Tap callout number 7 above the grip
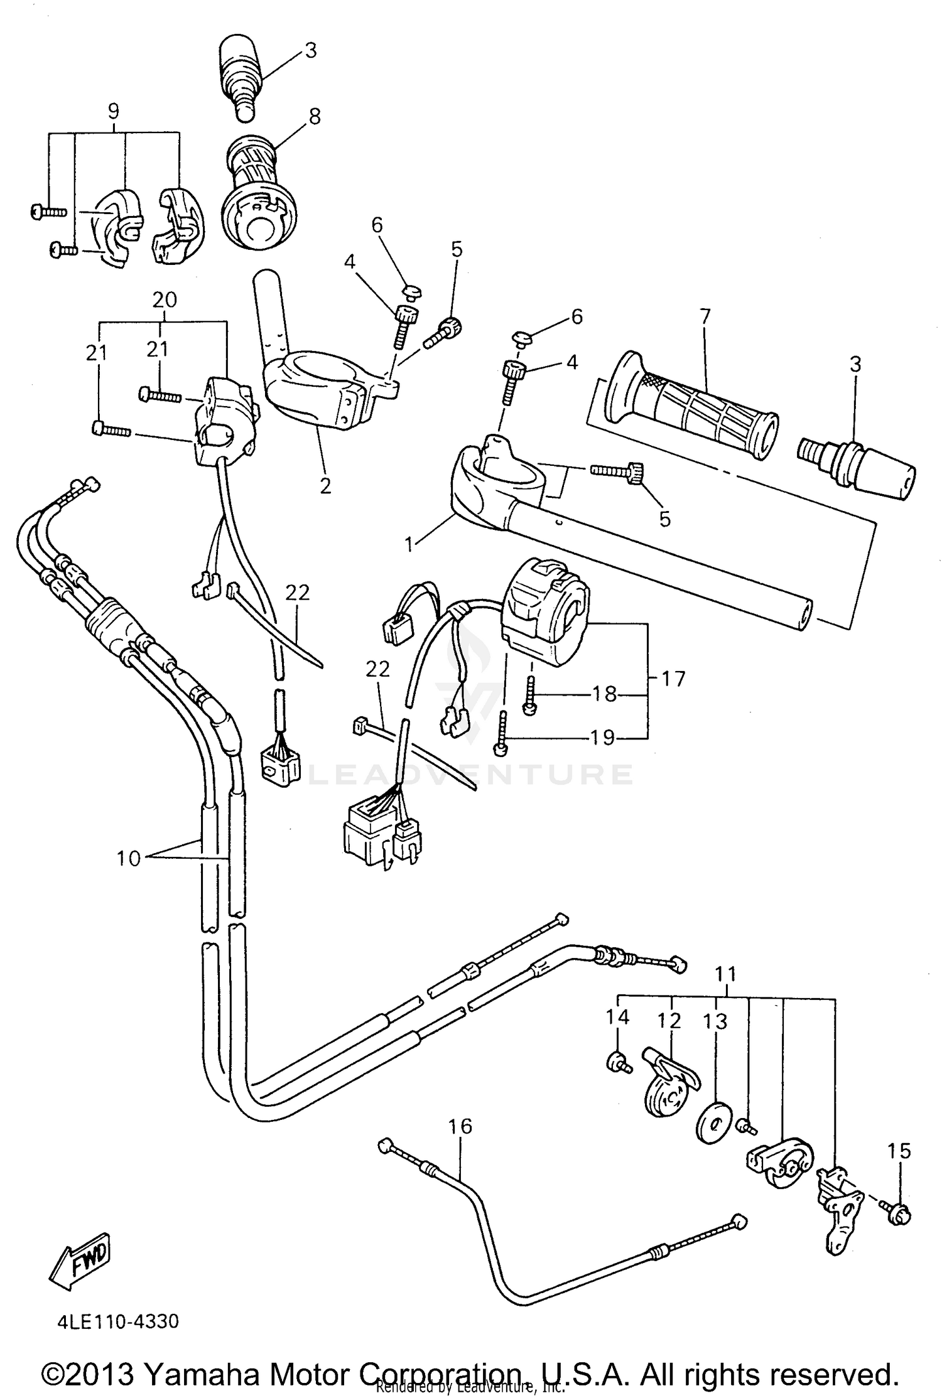click(x=705, y=317)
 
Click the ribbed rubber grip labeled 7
click(x=691, y=408)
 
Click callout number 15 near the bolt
click(x=899, y=1151)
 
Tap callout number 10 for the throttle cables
click(x=129, y=858)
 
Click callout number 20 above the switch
click(x=165, y=299)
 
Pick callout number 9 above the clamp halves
click(x=113, y=111)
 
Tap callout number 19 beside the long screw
click(x=602, y=737)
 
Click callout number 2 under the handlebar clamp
click(x=325, y=485)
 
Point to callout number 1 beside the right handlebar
click(x=409, y=544)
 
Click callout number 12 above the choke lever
click(x=669, y=1020)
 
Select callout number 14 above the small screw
click(x=617, y=1016)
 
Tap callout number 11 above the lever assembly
click(x=726, y=974)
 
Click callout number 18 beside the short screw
click(x=604, y=694)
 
